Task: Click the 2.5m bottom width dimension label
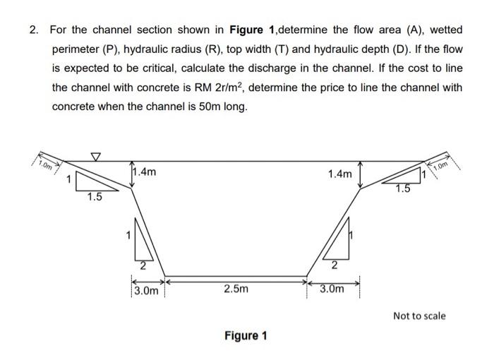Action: click(236, 289)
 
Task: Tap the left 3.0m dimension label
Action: click(145, 290)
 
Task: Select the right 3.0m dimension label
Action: click(331, 289)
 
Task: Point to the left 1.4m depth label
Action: click(146, 172)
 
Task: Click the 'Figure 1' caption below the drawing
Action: click(245, 335)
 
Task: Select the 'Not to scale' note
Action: click(419, 316)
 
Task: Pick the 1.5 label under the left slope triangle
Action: click(95, 198)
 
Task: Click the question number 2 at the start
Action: click(33, 30)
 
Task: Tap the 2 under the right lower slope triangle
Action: click(332, 266)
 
